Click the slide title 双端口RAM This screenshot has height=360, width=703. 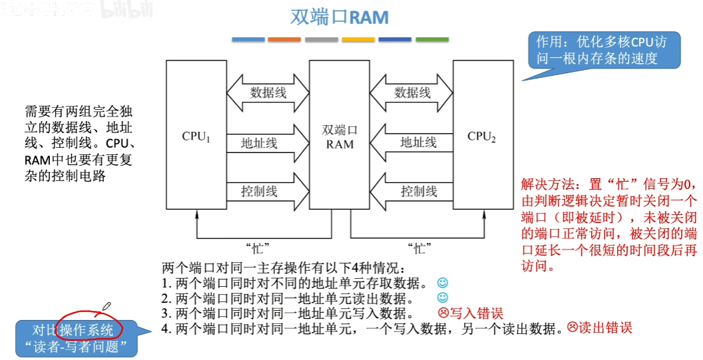click(340, 17)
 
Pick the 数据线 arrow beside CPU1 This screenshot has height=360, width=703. click(268, 92)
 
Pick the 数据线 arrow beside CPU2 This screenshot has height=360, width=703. click(411, 92)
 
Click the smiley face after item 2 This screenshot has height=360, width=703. click(443, 298)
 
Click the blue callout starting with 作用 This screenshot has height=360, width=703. click(604, 51)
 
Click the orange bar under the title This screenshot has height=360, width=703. click(284, 40)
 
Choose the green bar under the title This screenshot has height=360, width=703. click(432, 40)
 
